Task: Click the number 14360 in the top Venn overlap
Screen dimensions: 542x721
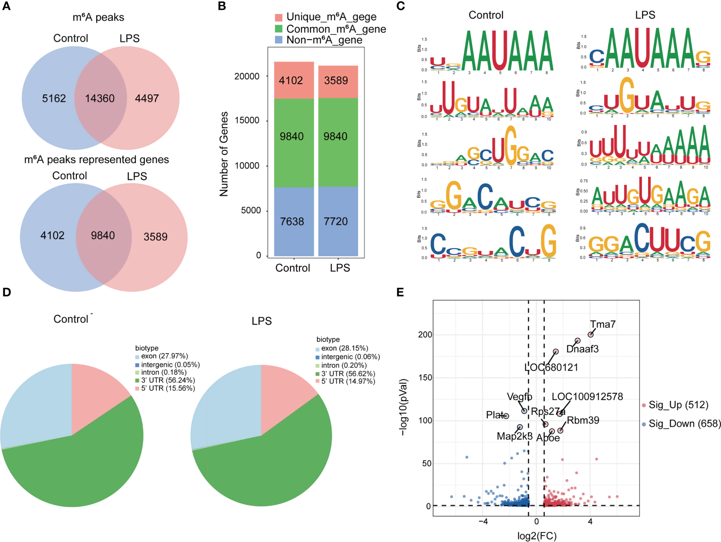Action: point(100,99)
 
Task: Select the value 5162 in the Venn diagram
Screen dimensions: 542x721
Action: point(54,99)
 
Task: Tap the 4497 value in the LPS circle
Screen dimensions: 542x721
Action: point(147,99)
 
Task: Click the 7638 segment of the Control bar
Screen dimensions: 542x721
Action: point(292,222)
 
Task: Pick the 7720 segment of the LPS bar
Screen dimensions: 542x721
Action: point(336,222)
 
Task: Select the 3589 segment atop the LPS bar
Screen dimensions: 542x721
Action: point(336,80)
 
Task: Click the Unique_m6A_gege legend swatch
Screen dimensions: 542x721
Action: point(279,17)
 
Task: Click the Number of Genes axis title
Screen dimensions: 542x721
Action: point(224,154)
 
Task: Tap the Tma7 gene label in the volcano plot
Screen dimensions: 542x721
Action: point(603,324)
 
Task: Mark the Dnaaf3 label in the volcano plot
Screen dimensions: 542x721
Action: point(582,349)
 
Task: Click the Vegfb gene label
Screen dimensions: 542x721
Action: point(519,397)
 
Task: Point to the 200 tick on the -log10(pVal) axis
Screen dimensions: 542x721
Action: point(425,335)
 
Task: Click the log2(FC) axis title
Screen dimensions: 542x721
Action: point(537,536)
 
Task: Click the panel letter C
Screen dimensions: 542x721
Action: point(400,6)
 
